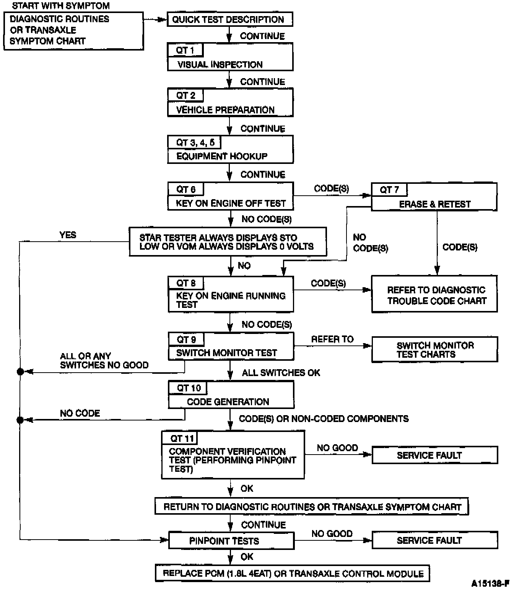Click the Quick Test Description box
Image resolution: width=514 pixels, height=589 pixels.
point(230,20)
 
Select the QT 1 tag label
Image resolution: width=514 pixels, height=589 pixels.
point(185,50)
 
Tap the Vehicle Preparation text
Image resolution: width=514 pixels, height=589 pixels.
point(225,110)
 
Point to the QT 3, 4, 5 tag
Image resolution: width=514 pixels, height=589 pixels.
point(195,142)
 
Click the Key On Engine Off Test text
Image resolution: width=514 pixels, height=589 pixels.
point(231,203)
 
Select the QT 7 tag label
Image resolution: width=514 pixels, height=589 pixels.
point(389,190)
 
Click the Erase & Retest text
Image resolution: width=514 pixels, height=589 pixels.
point(435,204)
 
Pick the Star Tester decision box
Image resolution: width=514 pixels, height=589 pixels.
point(228,242)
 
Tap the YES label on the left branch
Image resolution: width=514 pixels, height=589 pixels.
point(68,235)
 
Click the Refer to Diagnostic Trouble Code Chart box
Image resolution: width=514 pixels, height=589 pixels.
point(435,295)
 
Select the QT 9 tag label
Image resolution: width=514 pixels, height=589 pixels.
point(186,339)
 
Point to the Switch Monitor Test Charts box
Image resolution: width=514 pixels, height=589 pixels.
point(435,349)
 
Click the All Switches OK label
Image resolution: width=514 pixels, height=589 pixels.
point(281,373)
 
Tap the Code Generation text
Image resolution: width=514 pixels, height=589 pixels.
point(228,402)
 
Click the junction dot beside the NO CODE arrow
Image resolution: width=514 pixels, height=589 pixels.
point(20,420)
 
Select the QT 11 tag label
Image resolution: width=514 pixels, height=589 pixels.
point(182,438)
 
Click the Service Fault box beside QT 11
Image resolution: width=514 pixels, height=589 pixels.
point(435,455)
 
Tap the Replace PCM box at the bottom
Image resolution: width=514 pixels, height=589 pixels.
point(293,573)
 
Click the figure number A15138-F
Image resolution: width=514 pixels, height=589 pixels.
point(491,584)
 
